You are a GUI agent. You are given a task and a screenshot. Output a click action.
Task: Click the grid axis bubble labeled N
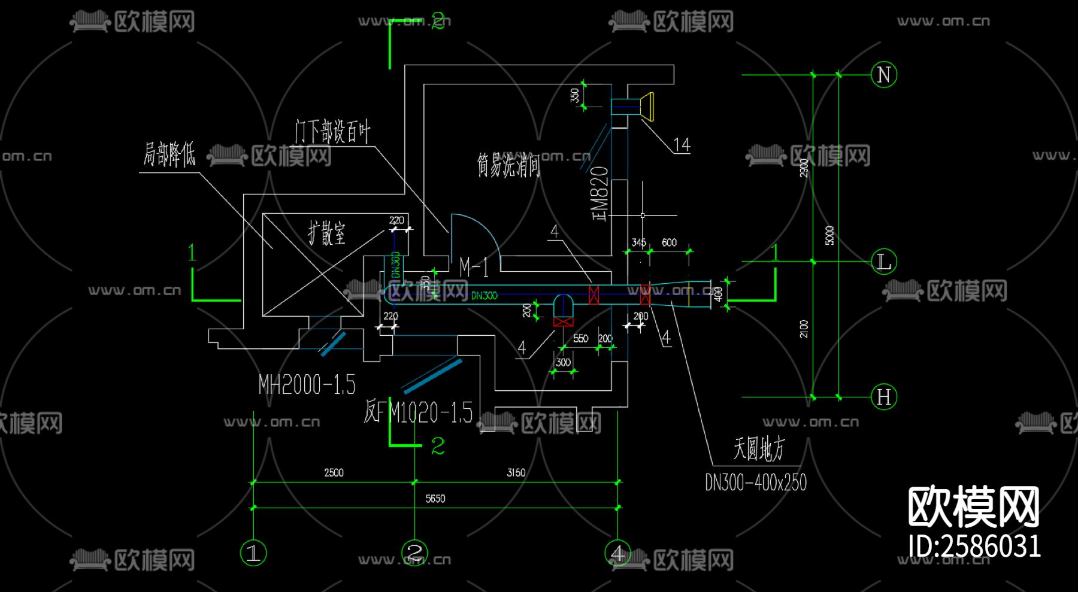click(883, 75)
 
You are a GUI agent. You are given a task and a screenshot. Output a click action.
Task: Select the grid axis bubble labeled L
click(883, 262)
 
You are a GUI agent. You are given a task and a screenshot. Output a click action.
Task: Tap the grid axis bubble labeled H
click(883, 397)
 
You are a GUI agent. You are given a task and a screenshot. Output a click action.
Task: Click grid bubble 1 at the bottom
click(253, 552)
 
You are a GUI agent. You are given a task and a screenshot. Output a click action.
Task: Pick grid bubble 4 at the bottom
click(617, 552)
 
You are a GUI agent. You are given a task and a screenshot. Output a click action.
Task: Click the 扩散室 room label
click(327, 233)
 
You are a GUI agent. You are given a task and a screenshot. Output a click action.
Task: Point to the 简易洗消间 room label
click(508, 165)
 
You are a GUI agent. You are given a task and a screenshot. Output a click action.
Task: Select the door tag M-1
click(474, 267)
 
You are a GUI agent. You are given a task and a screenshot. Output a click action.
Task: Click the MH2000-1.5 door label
click(307, 384)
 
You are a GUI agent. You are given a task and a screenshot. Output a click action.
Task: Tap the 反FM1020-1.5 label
click(418, 412)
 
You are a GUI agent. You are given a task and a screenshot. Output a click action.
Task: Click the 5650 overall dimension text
click(435, 499)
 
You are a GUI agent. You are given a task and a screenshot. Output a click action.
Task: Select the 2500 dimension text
click(334, 472)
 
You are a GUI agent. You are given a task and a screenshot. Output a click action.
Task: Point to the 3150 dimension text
click(516, 472)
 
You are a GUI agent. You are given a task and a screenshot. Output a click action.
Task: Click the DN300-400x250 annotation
click(755, 482)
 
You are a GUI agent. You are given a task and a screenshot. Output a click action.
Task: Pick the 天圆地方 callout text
click(759, 448)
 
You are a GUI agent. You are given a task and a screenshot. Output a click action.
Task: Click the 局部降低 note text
click(169, 154)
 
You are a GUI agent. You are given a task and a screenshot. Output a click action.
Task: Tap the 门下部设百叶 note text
click(332, 131)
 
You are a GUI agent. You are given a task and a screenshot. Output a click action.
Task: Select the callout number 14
click(682, 145)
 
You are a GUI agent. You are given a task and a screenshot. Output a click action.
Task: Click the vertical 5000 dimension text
click(829, 235)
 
